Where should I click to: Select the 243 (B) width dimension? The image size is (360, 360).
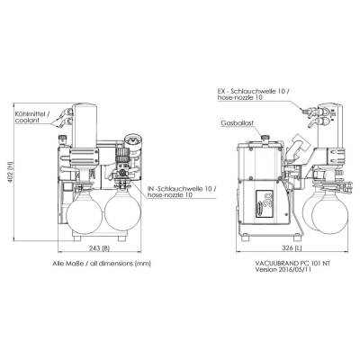[x=99, y=248]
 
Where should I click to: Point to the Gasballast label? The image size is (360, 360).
[x=238, y=123]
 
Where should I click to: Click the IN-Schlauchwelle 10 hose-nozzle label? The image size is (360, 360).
[x=182, y=192]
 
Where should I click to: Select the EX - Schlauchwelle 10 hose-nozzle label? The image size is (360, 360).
[x=253, y=94]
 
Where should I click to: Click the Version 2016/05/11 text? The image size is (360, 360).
[x=283, y=269]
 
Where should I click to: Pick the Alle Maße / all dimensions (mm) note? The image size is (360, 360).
[x=102, y=264]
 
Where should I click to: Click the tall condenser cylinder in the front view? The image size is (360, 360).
[x=85, y=126]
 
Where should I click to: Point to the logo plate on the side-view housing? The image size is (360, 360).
[x=265, y=202]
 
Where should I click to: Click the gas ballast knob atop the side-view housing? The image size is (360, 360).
[x=265, y=139]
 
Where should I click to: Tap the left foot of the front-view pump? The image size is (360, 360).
[x=77, y=238]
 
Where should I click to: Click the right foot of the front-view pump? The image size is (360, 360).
[x=122, y=238]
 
